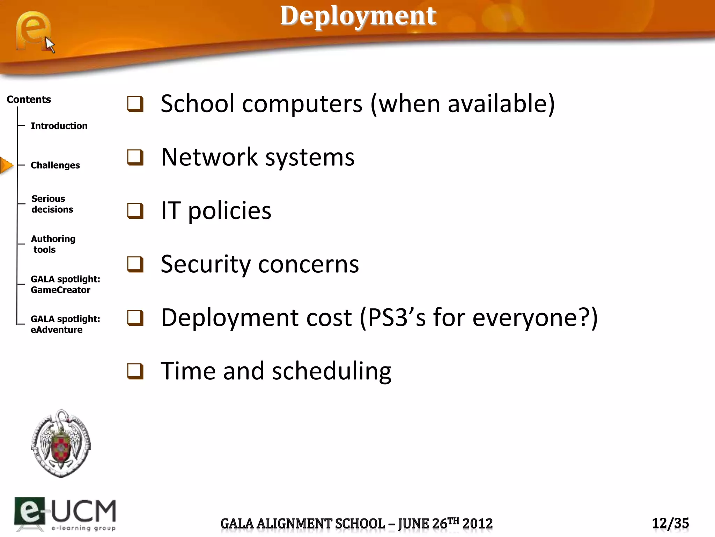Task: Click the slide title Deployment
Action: [x=358, y=16]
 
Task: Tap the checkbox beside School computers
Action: [x=135, y=104]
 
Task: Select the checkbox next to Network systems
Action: [x=135, y=157]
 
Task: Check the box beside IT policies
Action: [x=135, y=211]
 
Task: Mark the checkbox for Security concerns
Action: [x=135, y=264]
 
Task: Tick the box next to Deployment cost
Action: [x=135, y=318]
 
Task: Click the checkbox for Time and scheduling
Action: [x=135, y=371]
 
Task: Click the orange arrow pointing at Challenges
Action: [x=6, y=165]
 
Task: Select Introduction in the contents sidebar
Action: [x=59, y=126]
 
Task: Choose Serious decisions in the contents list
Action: [x=52, y=204]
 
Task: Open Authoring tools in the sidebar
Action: [x=53, y=244]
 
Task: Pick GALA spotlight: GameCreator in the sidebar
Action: [x=65, y=284]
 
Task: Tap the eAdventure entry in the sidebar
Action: [x=57, y=330]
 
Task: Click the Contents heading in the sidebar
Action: [x=29, y=100]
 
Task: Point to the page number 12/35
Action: [x=670, y=523]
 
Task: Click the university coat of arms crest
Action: [x=61, y=443]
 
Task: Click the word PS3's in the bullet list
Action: [x=397, y=318]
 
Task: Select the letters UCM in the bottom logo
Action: [x=84, y=511]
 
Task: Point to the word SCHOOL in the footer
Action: [x=360, y=524]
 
